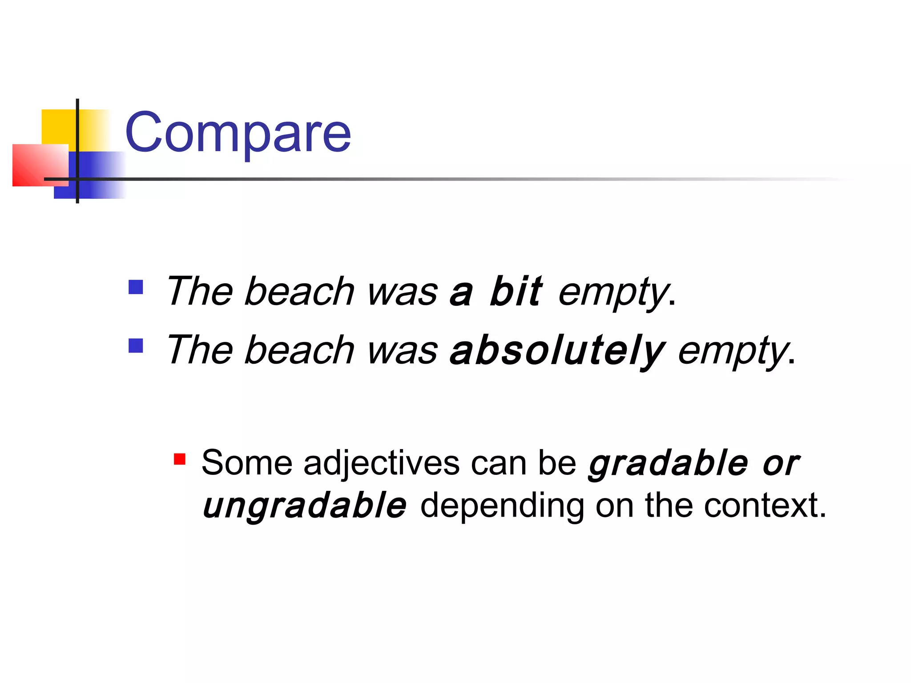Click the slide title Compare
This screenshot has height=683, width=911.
click(x=238, y=133)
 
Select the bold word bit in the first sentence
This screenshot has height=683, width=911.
click(x=516, y=292)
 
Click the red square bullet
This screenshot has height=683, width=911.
click(x=180, y=459)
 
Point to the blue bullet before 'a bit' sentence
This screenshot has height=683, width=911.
click(x=136, y=287)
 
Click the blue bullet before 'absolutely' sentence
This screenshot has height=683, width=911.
click(x=136, y=346)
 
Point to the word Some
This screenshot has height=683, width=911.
click(x=247, y=463)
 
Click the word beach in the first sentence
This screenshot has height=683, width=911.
click(x=299, y=292)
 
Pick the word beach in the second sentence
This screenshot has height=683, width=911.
click(x=299, y=350)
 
